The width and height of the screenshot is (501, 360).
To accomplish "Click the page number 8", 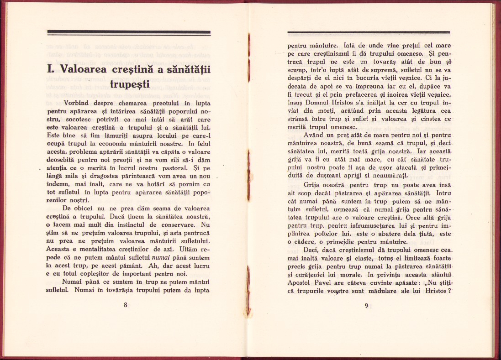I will click(125, 305).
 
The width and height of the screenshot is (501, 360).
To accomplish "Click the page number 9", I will click(366, 306).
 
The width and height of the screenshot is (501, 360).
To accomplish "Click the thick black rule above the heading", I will click(129, 33).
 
